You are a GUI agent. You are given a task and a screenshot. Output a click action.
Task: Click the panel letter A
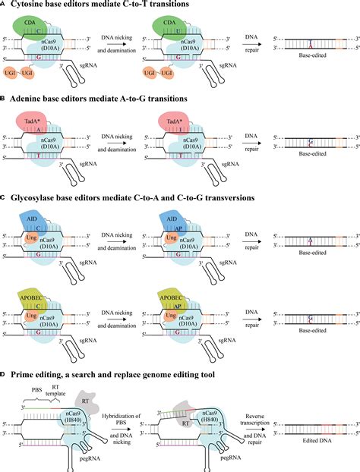(4, 5)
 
